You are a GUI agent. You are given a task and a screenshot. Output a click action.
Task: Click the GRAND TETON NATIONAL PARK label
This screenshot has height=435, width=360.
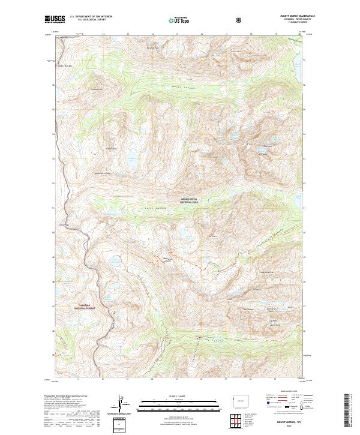190,202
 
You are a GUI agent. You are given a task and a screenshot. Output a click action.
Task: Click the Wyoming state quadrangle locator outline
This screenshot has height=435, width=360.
241,398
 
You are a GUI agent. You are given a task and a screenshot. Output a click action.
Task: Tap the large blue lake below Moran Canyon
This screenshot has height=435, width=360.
131,160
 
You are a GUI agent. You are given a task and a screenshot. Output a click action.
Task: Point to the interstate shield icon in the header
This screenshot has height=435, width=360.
239,20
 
